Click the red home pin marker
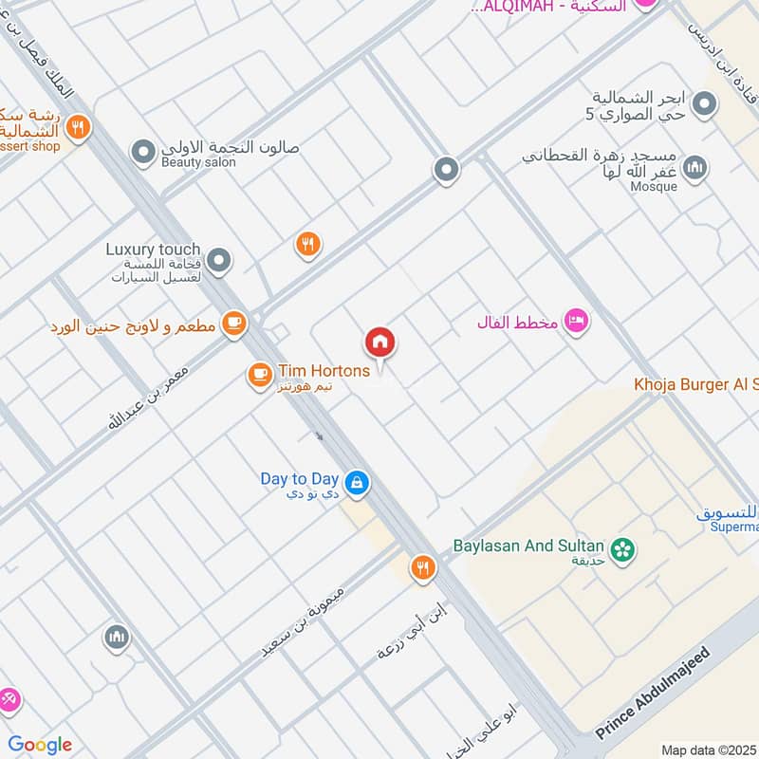[380, 342]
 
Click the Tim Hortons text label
[324, 371]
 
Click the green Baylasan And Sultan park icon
[622, 549]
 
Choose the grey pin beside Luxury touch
[219, 260]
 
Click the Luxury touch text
[153, 250]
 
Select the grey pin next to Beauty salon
[143, 152]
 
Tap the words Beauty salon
[197, 163]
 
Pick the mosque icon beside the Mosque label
[695, 168]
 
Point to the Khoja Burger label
[696, 384]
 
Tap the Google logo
[40, 745]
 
